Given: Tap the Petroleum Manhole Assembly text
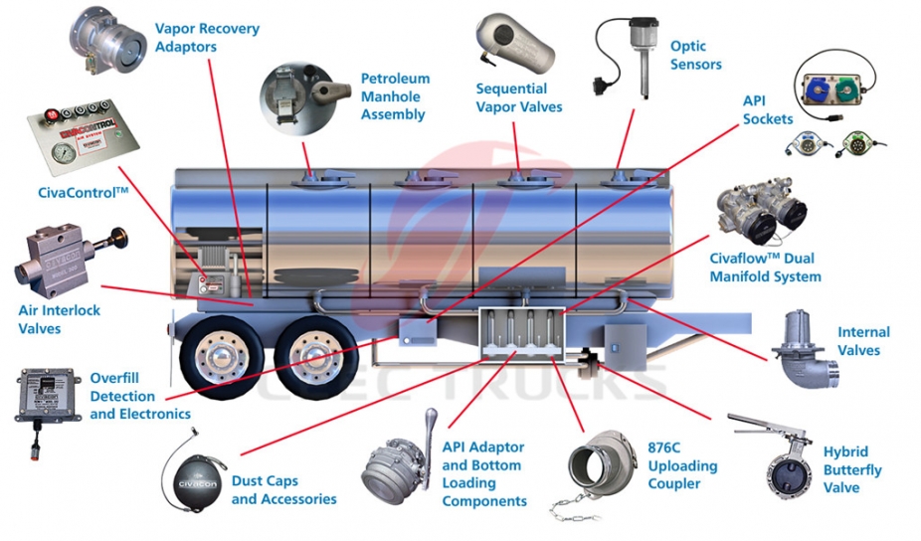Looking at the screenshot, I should [x=394, y=96].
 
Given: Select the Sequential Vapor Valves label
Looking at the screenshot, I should [x=518, y=97].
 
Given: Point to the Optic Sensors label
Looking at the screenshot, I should [x=695, y=56].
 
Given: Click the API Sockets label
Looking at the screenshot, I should [x=767, y=109].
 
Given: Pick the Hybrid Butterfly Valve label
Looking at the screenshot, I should [x=851, y=469].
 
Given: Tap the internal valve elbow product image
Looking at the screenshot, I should [x=804, y=348].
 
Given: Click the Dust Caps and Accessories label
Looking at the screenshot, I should [x=283, y=489].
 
